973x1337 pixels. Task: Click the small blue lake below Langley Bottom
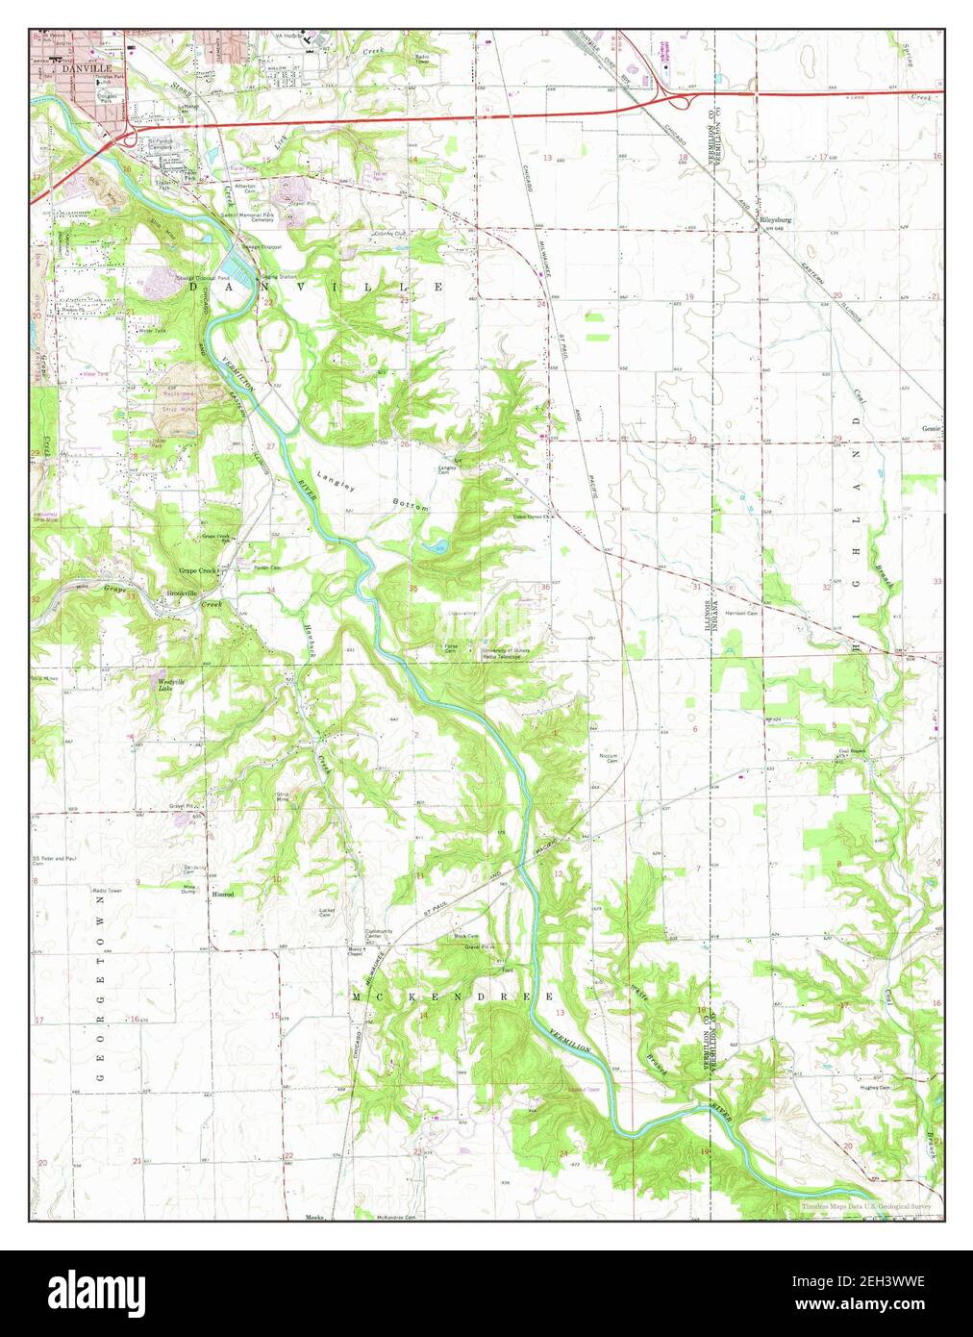pos(435,547)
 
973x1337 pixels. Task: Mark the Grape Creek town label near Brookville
pos(197,570)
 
